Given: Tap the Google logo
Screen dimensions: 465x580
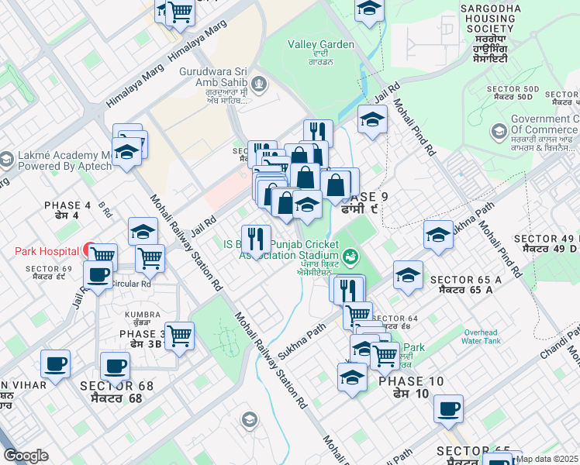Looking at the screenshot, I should click(26, 456).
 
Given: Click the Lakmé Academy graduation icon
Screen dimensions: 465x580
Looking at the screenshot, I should click(6, 160).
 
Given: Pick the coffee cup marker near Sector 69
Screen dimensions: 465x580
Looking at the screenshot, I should click(98, 274).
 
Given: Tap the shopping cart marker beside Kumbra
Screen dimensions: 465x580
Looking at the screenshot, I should click(179, 336).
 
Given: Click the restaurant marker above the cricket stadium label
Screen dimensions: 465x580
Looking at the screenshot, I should click(256, 238).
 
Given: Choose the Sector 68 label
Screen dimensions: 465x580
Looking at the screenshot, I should click(112, 391).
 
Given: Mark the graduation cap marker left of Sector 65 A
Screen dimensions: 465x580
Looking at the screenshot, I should click(408, 274).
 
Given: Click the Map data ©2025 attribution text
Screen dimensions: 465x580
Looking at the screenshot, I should click(547, 459).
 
